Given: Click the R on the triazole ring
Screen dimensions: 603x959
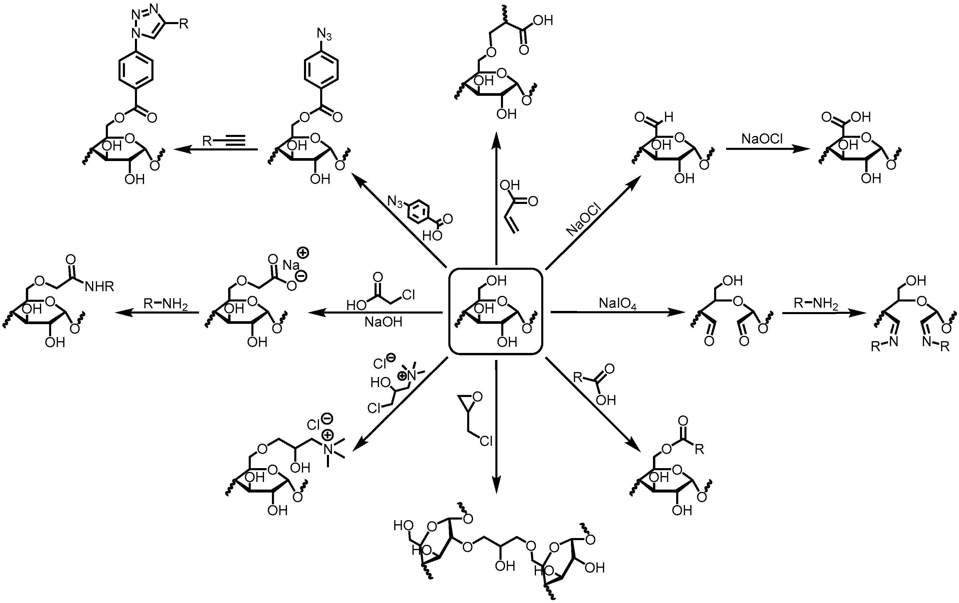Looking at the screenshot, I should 183,24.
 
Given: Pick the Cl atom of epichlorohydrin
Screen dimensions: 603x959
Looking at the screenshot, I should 486,440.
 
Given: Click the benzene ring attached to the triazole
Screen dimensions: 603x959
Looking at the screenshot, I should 136,72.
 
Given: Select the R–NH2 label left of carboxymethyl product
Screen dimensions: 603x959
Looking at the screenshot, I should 165,304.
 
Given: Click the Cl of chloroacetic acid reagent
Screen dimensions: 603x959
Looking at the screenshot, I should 408,295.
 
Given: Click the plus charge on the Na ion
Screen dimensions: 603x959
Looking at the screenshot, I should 303,252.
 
